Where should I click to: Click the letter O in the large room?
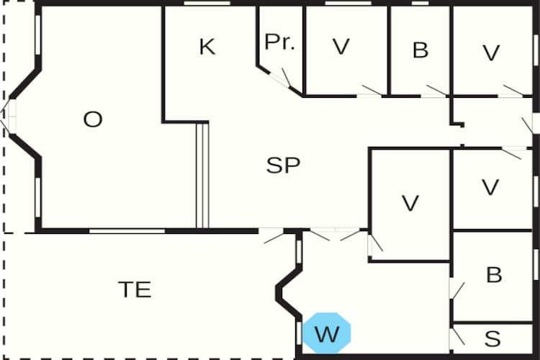(x=93, y=120)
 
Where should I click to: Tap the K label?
(x=207, y=48)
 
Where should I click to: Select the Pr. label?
(x=279, y=42)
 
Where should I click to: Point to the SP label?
(x=283, y=166)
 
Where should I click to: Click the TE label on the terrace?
(x=135, y=289)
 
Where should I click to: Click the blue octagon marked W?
(x=326, y=333)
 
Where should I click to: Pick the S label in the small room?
(x=492, y=338)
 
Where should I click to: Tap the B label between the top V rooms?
(x=420, y=50)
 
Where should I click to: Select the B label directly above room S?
(x=494, y=275)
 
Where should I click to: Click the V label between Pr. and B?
(x=341, y=48)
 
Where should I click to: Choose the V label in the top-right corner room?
(x=491, y=52)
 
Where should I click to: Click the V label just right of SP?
(x=410, y=204)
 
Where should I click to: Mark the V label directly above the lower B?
(x=490, y=187)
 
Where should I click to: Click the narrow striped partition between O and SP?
(x=202, y=175)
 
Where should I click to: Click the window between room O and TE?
(x=127, y=231)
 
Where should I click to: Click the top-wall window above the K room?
(x=202, y=4)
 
